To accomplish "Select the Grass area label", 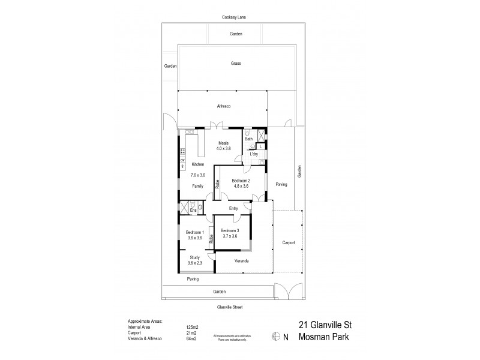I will click(236, 63).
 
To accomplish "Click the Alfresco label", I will click(224, 106).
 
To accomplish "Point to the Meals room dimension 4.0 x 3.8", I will click(224, 148).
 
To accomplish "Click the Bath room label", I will click(248, 139).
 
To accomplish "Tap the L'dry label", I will click(254, 154).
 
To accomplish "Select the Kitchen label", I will click(198, 164).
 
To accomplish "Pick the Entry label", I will click(233, 208).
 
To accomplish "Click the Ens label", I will click(193, 211).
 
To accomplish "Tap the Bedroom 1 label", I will click(195, 232).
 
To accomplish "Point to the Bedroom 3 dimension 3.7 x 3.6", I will click(229, 236).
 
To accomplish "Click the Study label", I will click(195, 257).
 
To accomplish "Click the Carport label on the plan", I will click(289, 243).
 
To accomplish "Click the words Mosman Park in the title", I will click(325, 337).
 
